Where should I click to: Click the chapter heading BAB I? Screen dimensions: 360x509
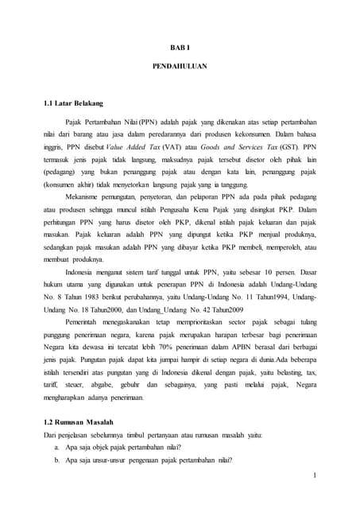tap(179, 47)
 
